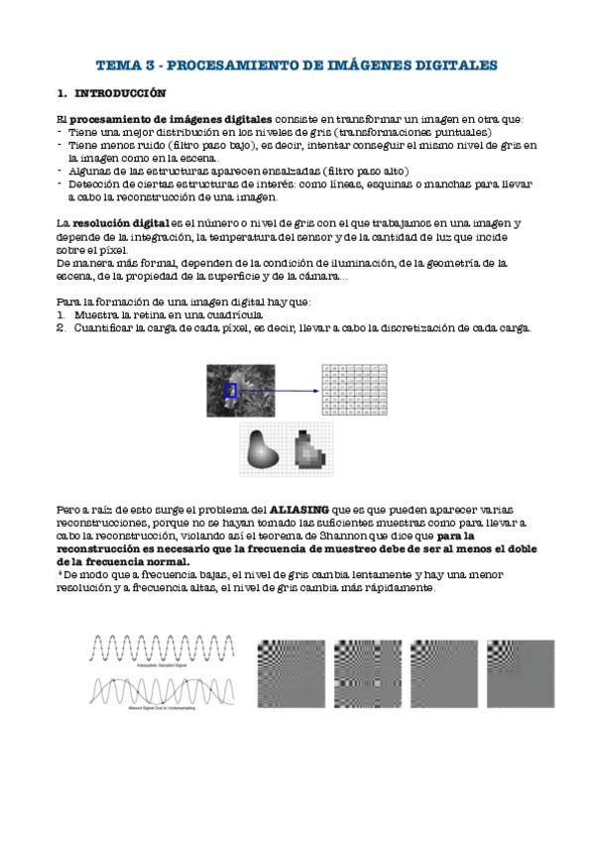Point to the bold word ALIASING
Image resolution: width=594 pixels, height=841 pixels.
(300, 508)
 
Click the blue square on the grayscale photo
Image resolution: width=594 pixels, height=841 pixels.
(230, 392)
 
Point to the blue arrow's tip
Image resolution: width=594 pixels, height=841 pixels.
(318, 392)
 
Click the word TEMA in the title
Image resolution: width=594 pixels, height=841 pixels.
(118, 65)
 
